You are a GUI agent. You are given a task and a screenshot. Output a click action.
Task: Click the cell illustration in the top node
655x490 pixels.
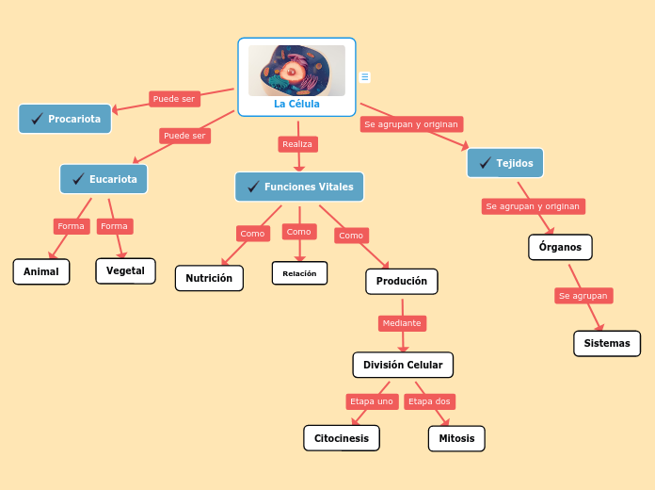[x=296, y=70]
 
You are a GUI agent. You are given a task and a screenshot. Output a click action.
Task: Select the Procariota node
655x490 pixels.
[x=66, y=119]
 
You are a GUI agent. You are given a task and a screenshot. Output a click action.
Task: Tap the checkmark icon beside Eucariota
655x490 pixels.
[x=78, y=179]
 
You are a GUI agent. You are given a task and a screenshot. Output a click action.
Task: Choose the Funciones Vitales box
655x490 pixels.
[x=299, y=187]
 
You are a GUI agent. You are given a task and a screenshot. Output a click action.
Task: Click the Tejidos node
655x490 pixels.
[x=505, y=163]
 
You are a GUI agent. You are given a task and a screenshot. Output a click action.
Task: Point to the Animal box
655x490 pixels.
[x=41, y=271]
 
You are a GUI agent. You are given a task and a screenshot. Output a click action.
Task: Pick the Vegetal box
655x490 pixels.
[x=125, y=270]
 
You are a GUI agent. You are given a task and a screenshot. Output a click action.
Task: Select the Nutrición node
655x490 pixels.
[x=209, y=278]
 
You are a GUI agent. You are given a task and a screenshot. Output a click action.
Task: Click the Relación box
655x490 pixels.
[x=300, y=273]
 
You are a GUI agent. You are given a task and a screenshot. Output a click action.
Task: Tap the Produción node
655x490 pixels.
[x=402, y=281]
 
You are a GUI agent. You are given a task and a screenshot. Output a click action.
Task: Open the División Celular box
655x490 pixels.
[x=403, y=365]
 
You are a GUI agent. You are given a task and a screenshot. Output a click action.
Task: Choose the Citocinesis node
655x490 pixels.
[x=342, y=438]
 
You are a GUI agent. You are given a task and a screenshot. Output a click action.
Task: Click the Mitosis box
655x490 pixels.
[x=456, y=438]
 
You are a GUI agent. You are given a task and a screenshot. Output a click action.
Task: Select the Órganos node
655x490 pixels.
[x=560, y=247]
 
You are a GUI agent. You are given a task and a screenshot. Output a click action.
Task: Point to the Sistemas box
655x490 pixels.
[x=607, y=343]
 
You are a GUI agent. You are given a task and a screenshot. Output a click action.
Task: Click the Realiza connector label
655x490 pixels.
[x=297, y=144]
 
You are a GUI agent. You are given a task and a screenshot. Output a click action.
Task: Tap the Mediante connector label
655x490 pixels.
[x=402, y=323]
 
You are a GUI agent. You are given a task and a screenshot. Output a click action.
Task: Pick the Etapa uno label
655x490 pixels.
[x=372, y=401]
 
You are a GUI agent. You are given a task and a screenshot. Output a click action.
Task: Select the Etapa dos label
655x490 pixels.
[x=430, y=401]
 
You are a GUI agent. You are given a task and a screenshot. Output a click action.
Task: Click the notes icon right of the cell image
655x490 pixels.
[x=365, y=77]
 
